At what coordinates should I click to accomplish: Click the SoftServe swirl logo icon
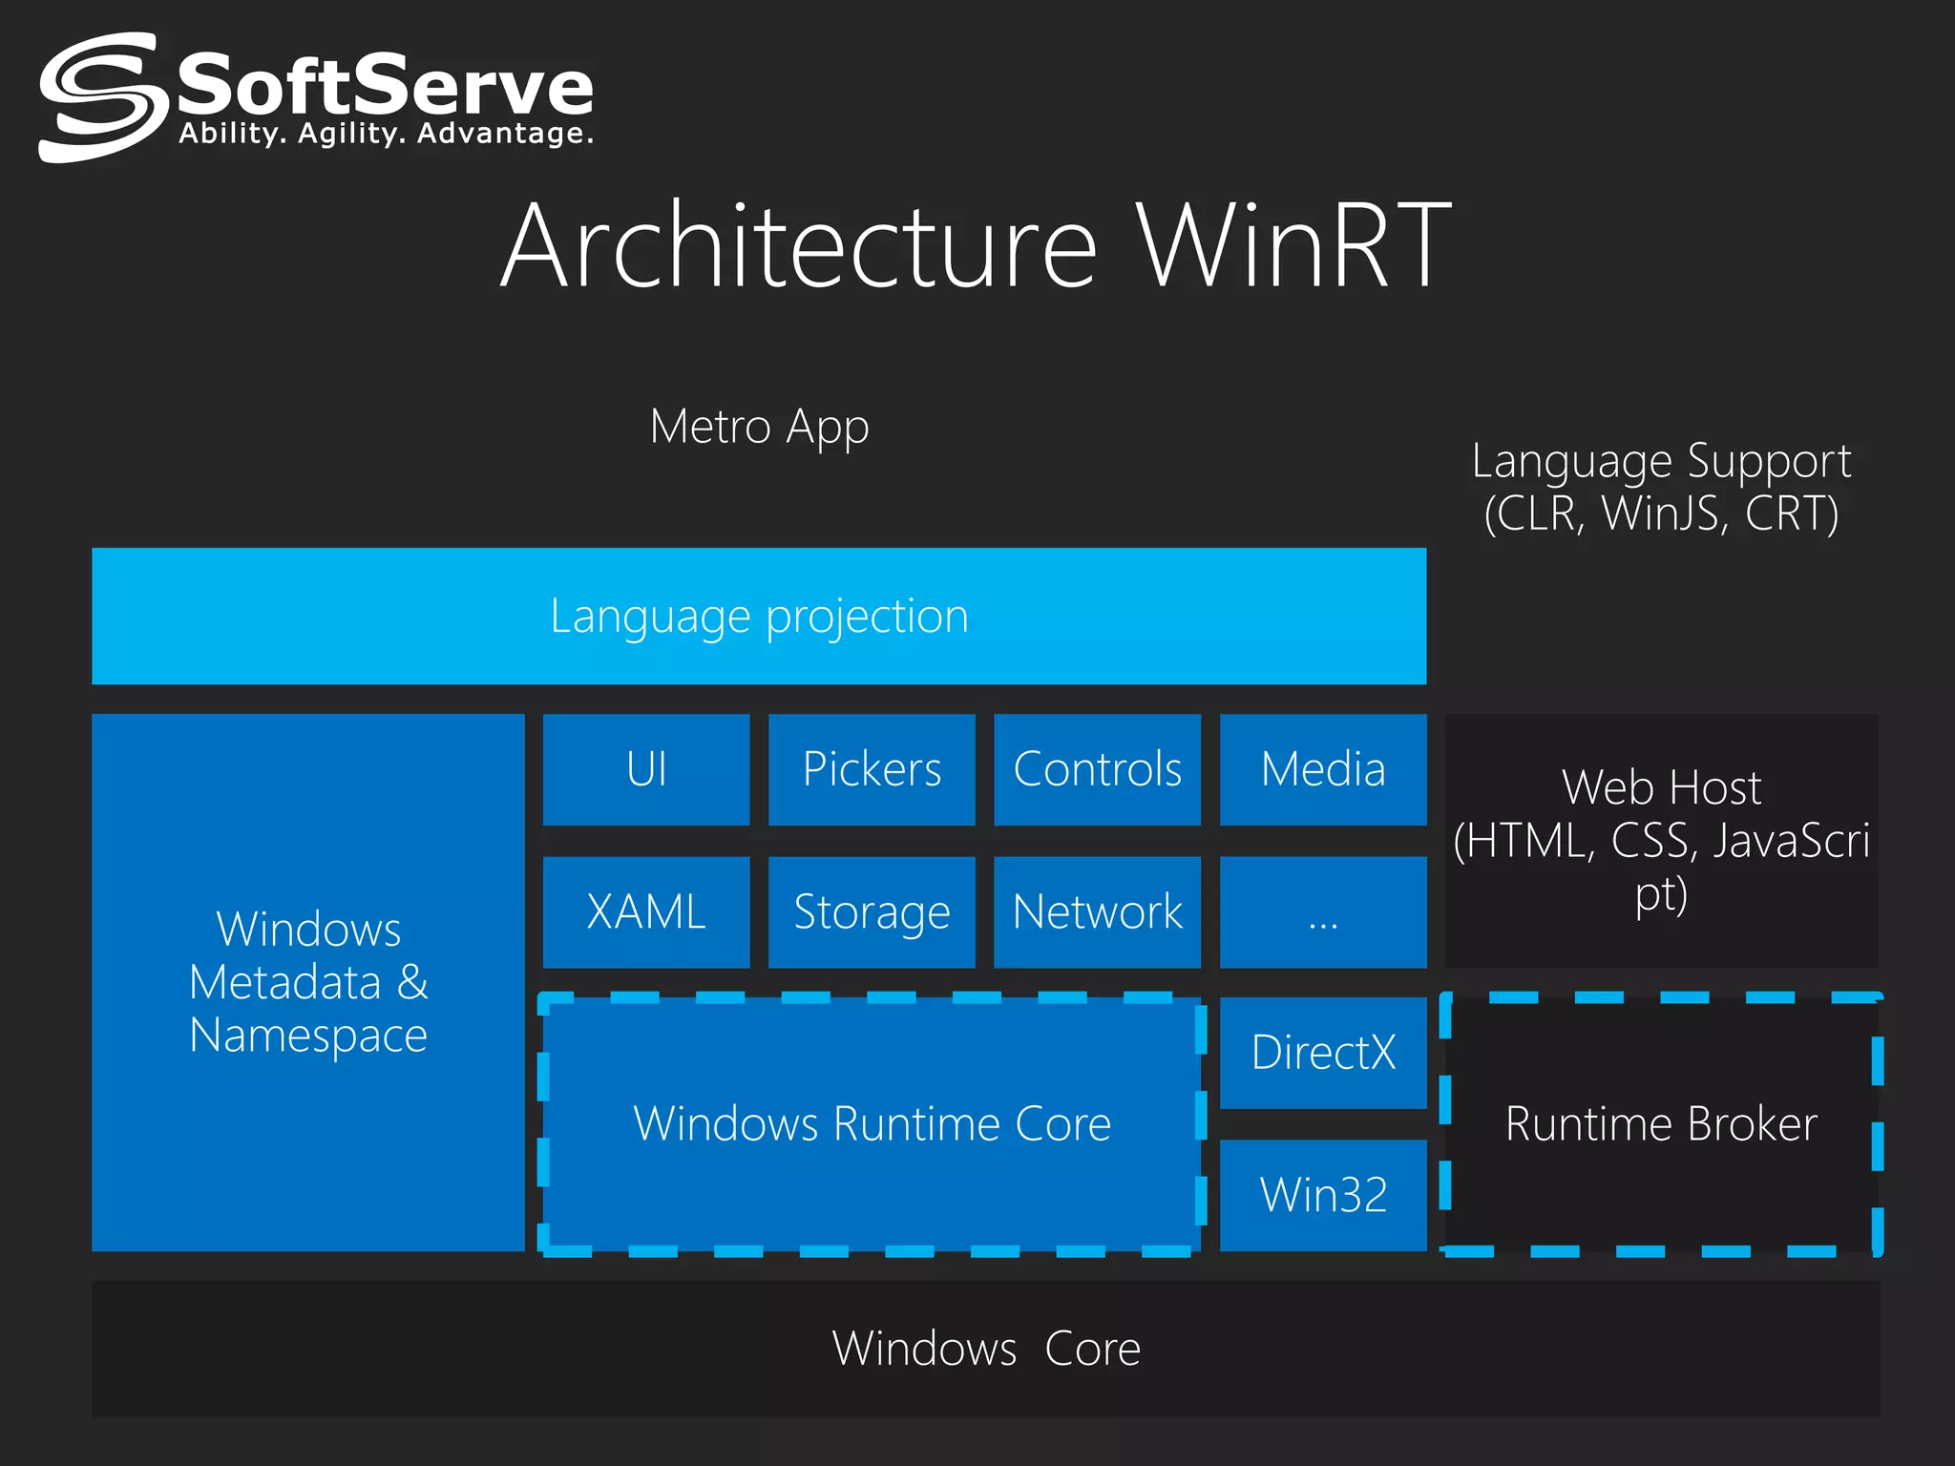pos(98,96)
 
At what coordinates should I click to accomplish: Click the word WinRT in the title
pos(1293,246)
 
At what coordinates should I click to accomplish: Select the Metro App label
pos(759,427)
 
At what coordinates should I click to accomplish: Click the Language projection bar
pos(759,616)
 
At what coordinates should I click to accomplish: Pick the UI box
pos(646,769)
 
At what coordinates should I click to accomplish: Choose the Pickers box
pos(872,769)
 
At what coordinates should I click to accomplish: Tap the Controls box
pos(1097,769)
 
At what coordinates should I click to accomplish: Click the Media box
pos(1323,769)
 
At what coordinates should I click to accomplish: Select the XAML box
pos(646,911)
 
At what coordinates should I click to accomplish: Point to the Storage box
pos(872,911)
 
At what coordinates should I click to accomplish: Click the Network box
pos(1097,911)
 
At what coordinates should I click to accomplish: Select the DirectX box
pos(1323,1053)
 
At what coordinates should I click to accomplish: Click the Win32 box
pos(1323,1195)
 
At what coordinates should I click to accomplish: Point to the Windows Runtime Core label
pos(872,1123)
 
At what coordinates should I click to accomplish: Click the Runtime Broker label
pos(1661,1123)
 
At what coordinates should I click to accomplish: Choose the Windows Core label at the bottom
pos(985,1349)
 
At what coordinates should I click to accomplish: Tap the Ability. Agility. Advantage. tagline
pos(386,134)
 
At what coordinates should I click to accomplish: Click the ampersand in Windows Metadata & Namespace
pos(412,982)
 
